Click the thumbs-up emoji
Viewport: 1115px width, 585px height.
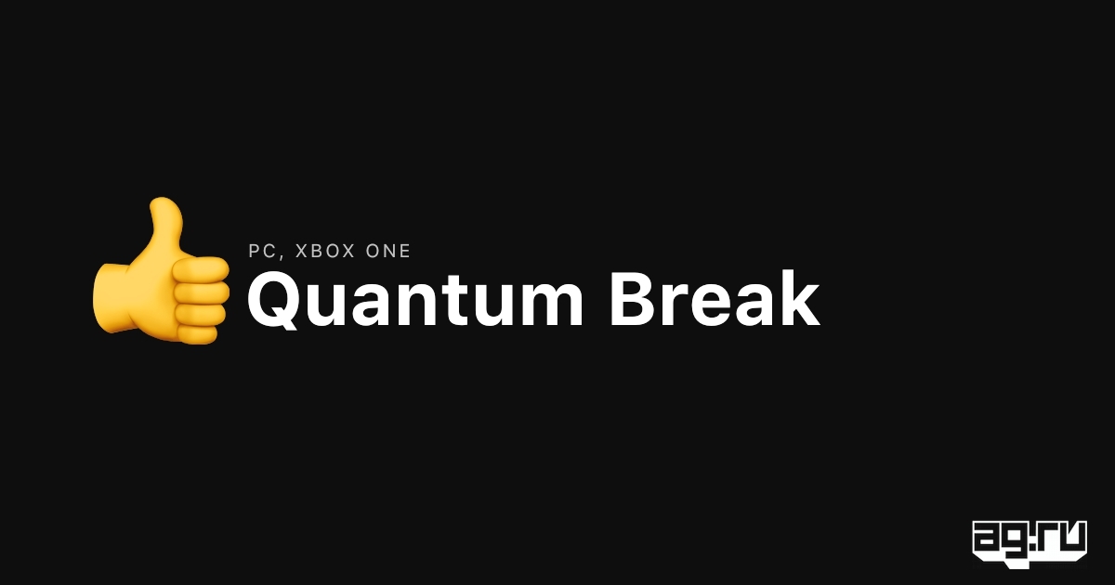(160, 271)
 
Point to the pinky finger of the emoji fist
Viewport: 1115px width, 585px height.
(197, 333)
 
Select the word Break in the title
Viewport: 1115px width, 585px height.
(715, 297)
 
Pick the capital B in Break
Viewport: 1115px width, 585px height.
(634, 299)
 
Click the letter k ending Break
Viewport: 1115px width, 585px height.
(798, 297)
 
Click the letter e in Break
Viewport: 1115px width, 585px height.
(709, 305)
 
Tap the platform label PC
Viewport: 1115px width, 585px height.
(262, 251)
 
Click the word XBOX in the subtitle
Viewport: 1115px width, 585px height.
(325, 251)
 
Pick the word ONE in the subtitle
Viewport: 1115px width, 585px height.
(388, 251)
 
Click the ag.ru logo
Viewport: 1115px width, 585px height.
(1030, 544)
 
